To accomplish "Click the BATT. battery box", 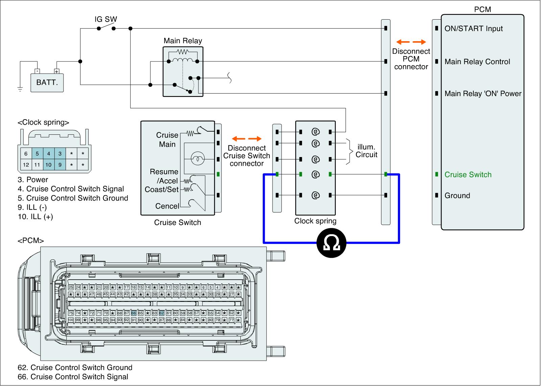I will pos(47,82).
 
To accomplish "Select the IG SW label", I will pos(105,19).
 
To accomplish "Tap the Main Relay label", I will pos(183,41).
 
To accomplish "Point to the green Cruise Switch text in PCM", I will pos(468,175).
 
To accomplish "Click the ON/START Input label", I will pos(473,29).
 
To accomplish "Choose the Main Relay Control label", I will pos(477,62).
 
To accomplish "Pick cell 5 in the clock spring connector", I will pos(37,154).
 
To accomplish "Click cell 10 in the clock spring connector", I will pos(49,165).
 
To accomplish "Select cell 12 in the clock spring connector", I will pos(26,165).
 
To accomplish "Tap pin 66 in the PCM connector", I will pos(134,313).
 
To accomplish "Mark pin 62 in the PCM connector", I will pos(162,313).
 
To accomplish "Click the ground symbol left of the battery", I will pos(20,89).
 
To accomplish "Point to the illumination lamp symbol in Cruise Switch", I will pos(196,159).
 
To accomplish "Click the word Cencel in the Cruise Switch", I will pos(167,206).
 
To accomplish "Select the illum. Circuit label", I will pos(367,151).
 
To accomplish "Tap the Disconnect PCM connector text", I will pos(411,59).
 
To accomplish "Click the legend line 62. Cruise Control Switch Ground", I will pos(75,367).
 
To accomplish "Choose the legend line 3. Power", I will pos(33,180).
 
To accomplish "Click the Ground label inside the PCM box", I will pos(457,196).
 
